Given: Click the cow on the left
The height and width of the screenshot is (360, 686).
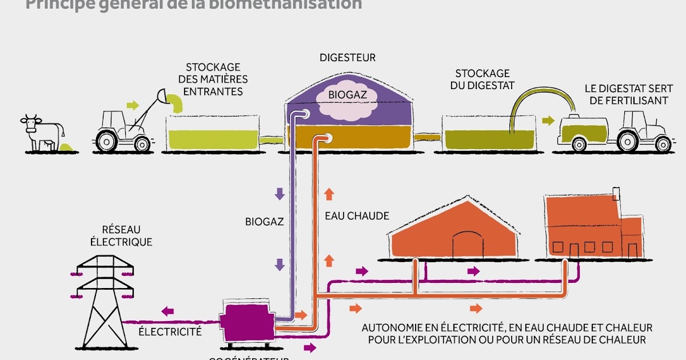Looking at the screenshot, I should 38,131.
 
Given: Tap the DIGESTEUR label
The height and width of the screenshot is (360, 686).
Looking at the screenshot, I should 348,58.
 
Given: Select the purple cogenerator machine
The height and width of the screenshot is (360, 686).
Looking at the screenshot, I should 247,322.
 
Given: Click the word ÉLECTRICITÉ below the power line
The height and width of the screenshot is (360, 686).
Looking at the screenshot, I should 170,331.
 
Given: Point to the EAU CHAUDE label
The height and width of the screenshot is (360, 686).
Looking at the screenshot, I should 357,216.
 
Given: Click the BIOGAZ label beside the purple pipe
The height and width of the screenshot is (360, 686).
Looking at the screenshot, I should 264,221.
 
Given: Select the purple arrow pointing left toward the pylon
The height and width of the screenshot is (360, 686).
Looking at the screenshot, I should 167,311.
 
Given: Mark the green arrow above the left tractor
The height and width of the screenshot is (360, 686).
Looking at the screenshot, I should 132,105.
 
